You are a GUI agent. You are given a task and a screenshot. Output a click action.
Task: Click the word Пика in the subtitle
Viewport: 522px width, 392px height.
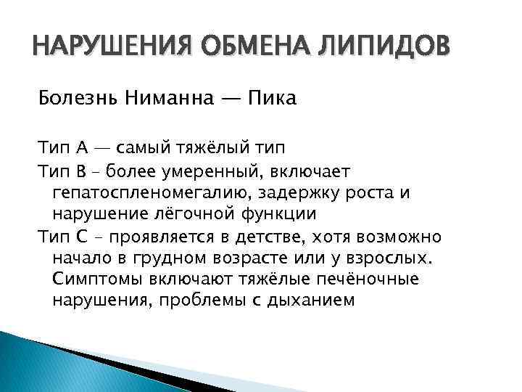[x=272, y=99]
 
